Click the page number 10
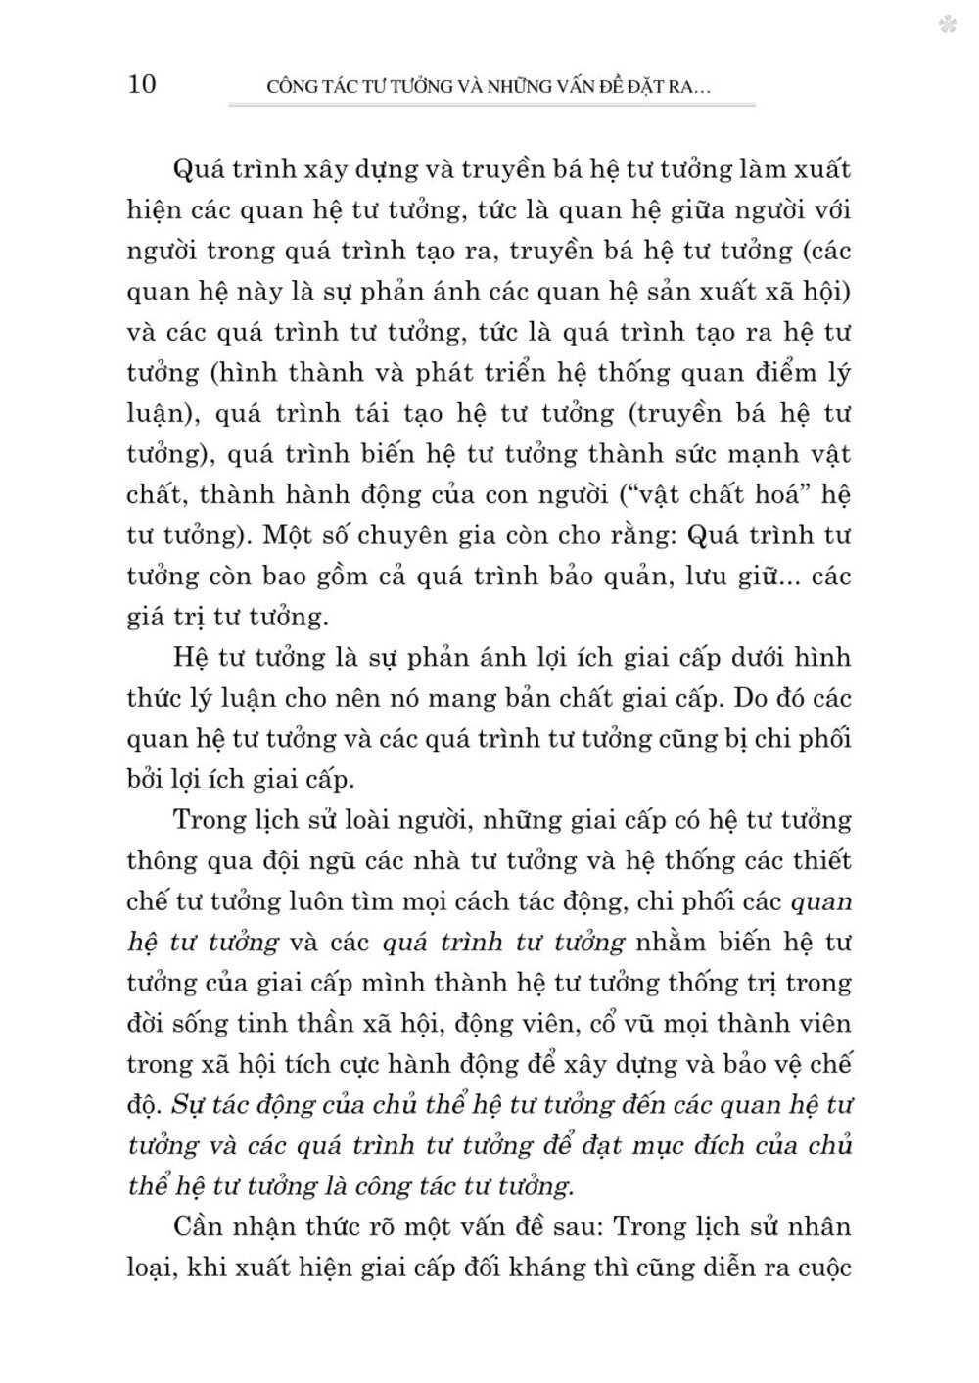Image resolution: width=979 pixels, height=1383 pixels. (x=141, y=84)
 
